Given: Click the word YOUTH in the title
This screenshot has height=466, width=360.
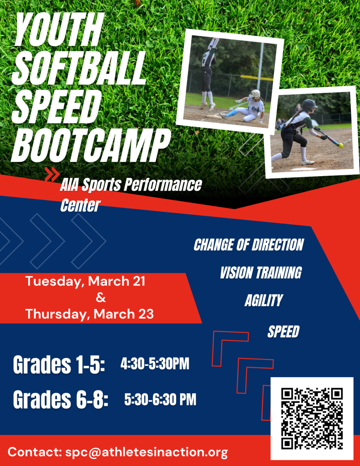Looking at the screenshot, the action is pos(59,30).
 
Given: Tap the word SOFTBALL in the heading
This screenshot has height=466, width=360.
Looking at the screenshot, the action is pos(79,68).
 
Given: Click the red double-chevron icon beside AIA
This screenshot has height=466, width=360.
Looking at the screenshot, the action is pos(52,174).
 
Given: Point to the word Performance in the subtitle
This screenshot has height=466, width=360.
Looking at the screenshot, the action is pos(162,185).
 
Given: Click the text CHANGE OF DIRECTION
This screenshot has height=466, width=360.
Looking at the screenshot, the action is pos(248,245).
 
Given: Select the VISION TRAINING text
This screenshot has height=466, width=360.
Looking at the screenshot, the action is pos(261,273).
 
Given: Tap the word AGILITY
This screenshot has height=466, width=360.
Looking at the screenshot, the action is pos(264,300).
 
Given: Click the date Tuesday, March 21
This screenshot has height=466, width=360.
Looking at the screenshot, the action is pos(85,281).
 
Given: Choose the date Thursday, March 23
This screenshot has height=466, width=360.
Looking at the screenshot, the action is pos(90,314).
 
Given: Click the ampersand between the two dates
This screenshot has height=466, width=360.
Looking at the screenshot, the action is pos(101,298).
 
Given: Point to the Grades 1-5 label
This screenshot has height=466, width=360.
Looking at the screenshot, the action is pos(59,365).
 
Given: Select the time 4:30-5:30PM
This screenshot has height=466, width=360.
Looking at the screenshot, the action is pos(155,364).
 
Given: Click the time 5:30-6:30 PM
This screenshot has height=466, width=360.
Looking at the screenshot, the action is pos(160,400).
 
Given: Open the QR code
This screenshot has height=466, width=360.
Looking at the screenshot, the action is pos(312,419).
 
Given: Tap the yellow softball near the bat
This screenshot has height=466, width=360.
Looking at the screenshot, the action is pos(341,146).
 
